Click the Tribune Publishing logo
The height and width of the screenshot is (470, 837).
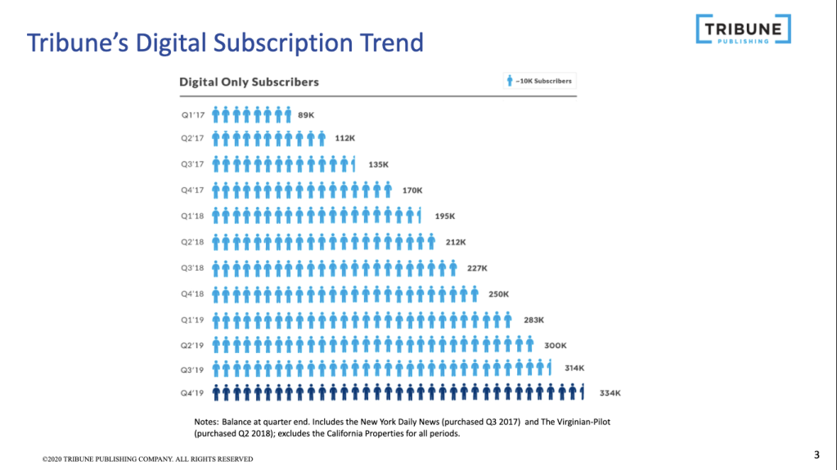[743, 29]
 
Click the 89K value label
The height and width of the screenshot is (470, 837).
[306, 115]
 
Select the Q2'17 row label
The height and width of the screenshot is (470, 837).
[191, 139]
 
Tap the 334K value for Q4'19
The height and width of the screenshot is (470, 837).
[610, 393]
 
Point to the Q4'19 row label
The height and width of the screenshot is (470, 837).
[191, 393]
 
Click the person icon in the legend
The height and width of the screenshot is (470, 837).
[510, 81]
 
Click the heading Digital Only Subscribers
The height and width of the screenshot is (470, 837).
[249, 82]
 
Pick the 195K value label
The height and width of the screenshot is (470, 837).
[444, 217]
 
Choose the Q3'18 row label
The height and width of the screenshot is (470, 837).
[191, 268]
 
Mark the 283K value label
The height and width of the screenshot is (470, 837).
[533, 320]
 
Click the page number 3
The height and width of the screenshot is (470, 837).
[816, 455]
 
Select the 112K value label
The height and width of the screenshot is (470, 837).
[345, 139]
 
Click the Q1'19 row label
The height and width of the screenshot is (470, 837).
[191, 320]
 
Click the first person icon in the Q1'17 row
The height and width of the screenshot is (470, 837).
[215, 114]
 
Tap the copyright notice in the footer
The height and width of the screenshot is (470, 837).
[147, 459]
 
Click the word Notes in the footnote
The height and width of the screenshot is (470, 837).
[197, 421]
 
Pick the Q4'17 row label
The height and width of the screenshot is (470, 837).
[191, 190]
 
